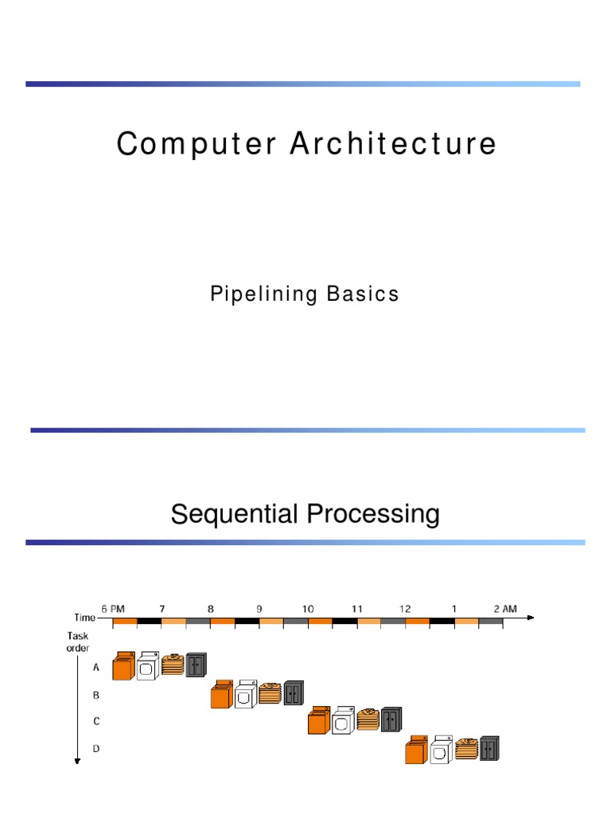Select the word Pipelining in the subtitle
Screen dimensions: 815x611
click(x=263, y=294)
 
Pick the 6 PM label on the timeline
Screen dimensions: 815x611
click(x=113, y=609)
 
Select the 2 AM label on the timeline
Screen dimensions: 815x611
click(x=505, y=609)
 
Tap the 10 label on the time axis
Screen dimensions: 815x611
click(x=308, y=609)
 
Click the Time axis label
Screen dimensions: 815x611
click(x=84, y=618)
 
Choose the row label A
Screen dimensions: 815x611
click(x=96, y=669)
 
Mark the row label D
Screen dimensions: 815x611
click(x=96, y=749)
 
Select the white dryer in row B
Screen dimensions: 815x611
click(x=246, y=694)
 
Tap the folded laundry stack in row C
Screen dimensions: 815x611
click(x=368, y=720)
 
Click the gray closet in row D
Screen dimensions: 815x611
click(x=489, y=748)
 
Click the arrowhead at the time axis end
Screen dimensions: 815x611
click(x=531, y=618)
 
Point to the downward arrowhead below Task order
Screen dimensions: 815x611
click(x=77, y=761)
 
